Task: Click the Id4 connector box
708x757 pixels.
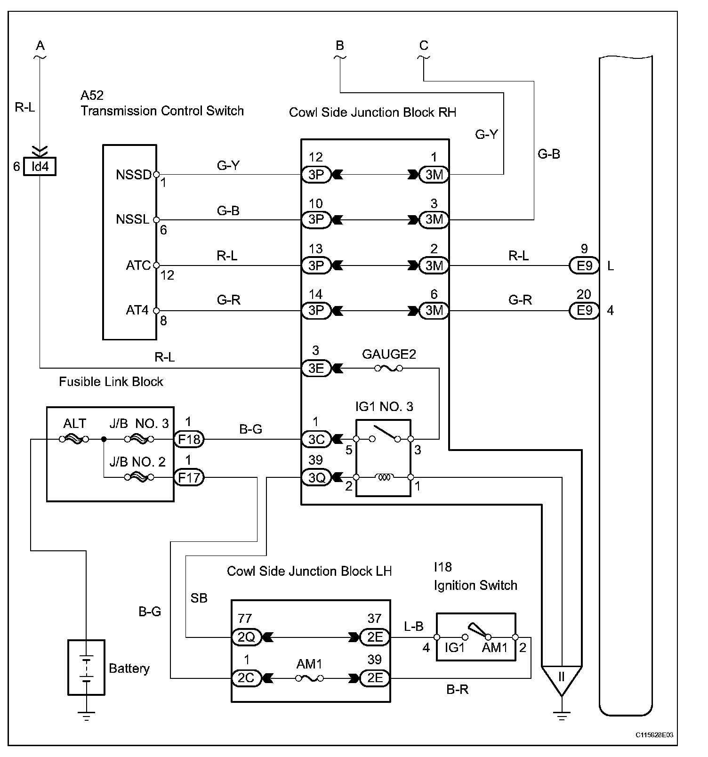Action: click(40, 167)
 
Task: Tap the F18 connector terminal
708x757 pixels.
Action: click(189, 439)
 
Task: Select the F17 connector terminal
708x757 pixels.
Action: click(189, 478)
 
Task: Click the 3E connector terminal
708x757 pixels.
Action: click(316, 368)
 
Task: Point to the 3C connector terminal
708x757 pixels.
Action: click(316, 439)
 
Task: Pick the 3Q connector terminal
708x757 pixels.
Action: click(316, 478)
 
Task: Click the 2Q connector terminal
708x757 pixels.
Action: click(246, 637)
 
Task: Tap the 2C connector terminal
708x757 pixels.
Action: click(246, 678)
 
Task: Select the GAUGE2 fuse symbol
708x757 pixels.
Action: click(388, 368)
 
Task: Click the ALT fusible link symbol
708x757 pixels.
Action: click(74, 439)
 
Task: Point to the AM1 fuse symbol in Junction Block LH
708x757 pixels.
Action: click(309, 678)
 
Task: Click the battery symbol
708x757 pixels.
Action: click(86, 667)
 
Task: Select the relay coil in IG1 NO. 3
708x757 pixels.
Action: click(383, 477)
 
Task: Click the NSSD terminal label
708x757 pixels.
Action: click(134, 175)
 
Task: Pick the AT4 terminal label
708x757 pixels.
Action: click(137, 310)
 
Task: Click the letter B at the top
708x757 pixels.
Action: click(340, 46)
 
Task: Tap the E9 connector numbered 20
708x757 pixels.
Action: click(584, 311)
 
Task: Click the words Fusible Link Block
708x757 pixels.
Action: click(111, 381)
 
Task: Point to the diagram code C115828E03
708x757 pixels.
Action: click(654, 735)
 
